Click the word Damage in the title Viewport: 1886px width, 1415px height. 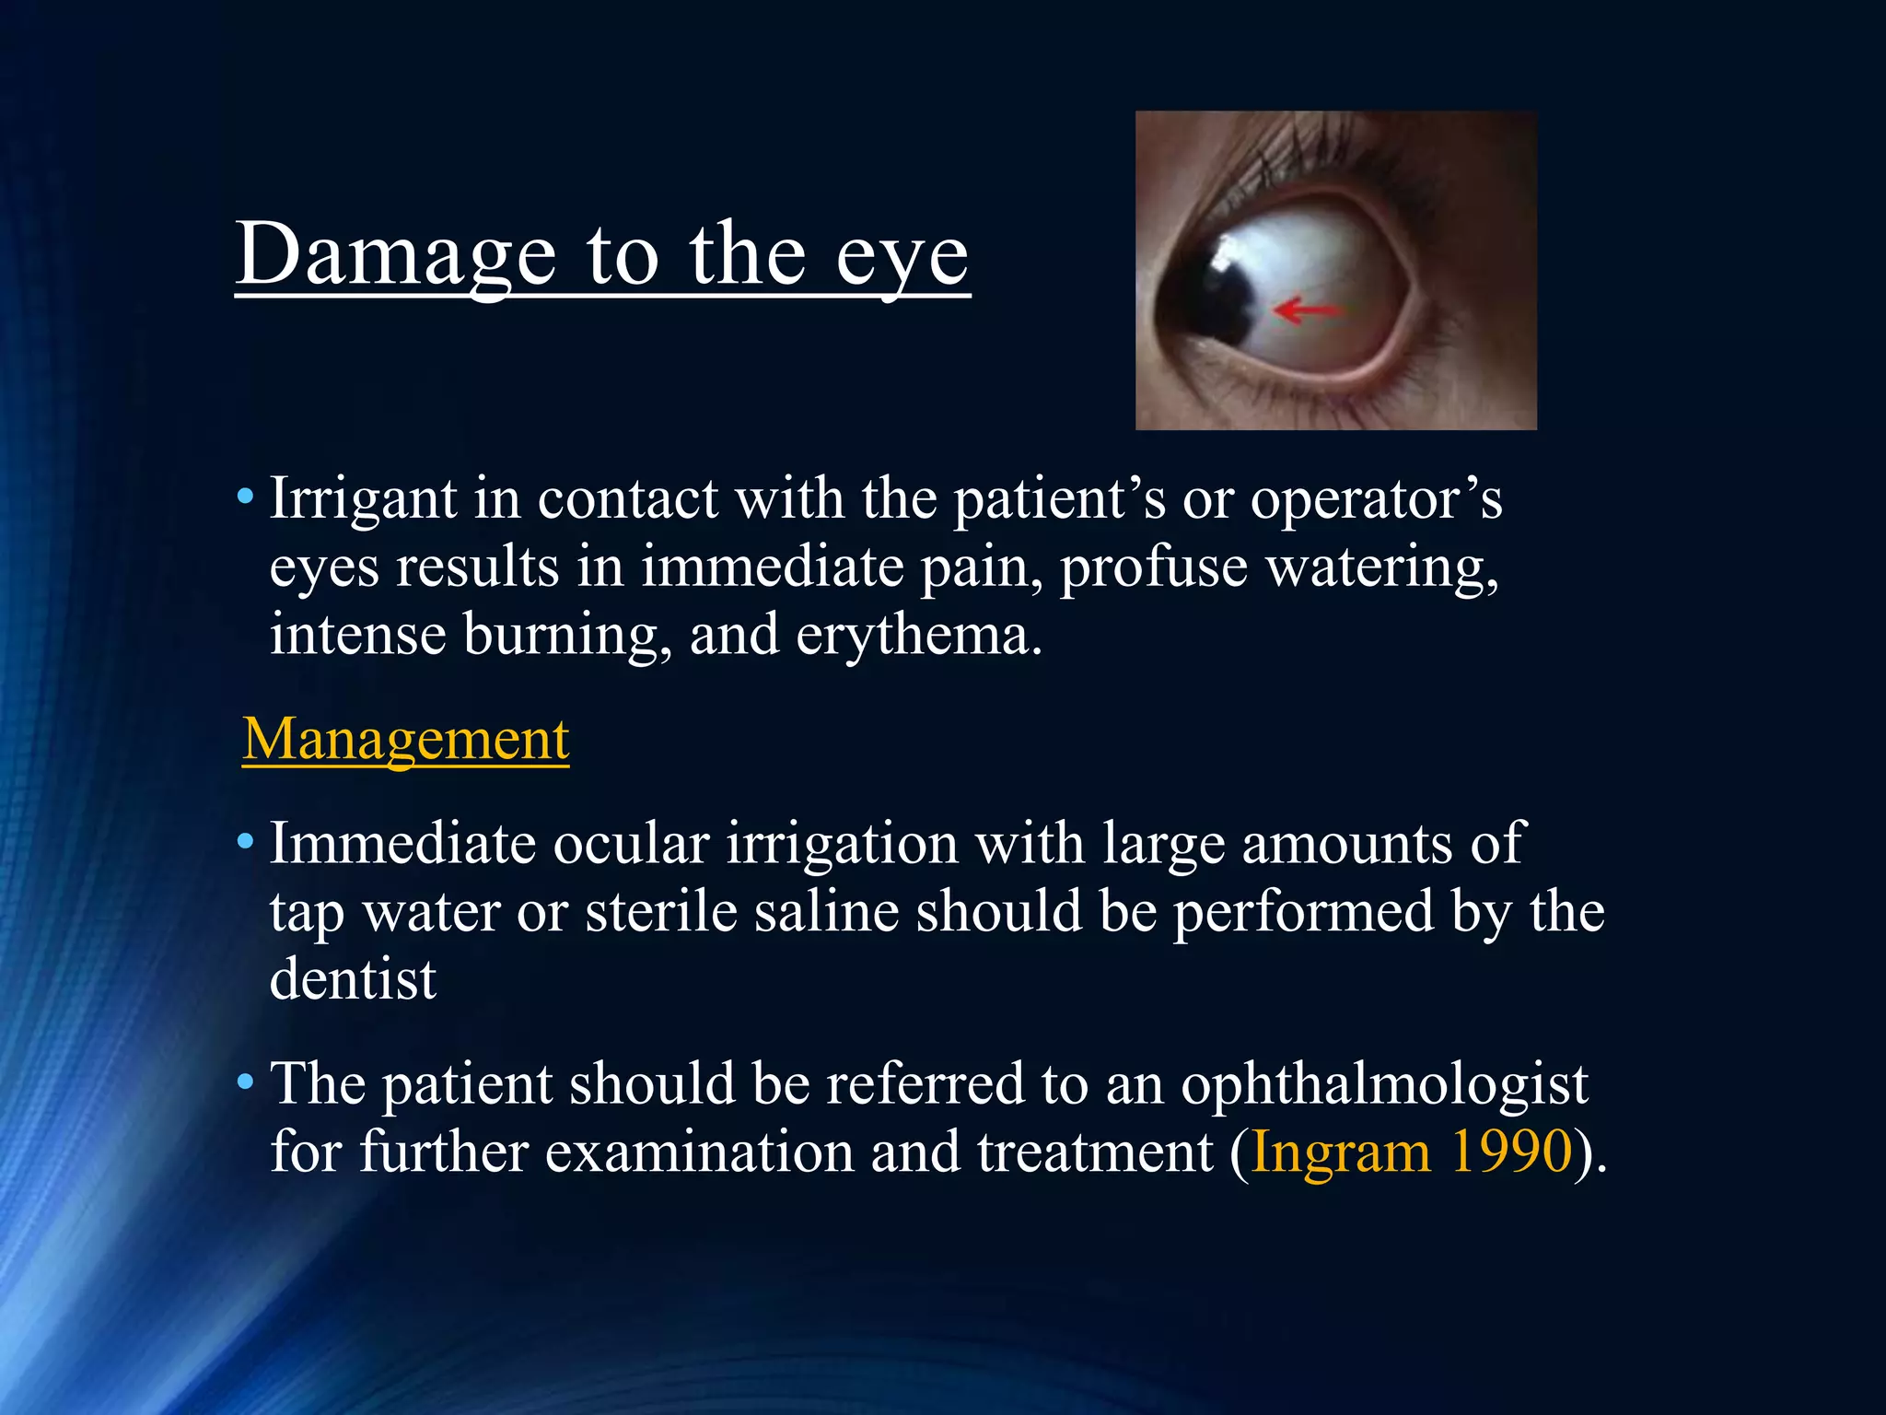[x=396, y=255]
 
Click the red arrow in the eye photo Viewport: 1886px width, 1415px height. [x=1306, y=310]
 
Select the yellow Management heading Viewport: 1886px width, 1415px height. [x=406, y=740]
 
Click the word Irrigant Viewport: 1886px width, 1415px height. [x=363, y=500]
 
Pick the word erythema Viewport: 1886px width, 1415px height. [x=919, y=636]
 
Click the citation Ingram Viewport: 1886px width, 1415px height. [x=1341, y=1152]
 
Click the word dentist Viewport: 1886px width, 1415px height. [x=353, y=979]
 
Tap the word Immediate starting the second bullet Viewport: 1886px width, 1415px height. [x=402, y=844]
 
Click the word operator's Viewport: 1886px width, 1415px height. [x=1376, y=500]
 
